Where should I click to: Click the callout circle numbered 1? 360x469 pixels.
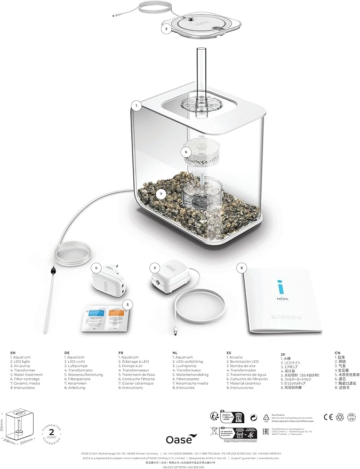pos(137,106)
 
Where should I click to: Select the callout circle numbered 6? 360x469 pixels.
pos(186,152)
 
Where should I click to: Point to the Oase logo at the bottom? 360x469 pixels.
pos(179,432)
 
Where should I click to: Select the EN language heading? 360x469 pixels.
pos(13,353)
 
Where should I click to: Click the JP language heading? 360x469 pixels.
pos(283,354)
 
